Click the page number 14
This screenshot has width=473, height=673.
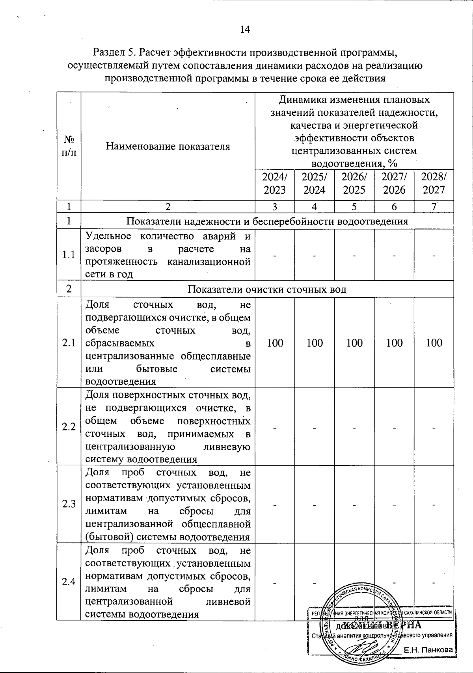245,30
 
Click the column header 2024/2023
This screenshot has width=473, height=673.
275,183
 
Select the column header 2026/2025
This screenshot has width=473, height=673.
354,183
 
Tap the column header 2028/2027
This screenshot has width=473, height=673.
434,183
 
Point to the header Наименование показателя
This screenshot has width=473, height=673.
168,146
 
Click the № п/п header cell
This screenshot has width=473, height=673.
69,146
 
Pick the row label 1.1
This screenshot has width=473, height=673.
69,255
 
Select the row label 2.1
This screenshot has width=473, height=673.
69,343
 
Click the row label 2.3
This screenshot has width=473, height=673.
69,504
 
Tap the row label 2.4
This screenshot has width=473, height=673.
69,582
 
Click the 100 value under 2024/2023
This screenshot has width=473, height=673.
275,343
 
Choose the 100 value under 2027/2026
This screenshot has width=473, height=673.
394,343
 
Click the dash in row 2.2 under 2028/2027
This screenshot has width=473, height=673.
434,427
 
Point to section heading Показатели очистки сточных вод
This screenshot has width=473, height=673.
267,290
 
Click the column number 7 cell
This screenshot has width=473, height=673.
434,206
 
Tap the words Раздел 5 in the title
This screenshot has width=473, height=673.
114,52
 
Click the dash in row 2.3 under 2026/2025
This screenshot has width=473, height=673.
354,504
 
